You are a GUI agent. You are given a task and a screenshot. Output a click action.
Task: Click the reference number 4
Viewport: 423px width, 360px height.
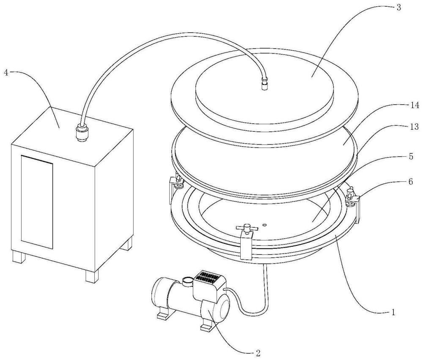6,72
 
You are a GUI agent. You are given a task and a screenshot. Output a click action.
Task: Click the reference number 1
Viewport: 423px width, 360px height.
393,312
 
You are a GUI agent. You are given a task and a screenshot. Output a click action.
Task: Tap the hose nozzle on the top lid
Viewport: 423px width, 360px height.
266,86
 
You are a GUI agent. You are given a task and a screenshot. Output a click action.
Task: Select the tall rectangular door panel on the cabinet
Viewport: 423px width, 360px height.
37,202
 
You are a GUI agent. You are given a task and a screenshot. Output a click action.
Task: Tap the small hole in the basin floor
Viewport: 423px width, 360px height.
264,225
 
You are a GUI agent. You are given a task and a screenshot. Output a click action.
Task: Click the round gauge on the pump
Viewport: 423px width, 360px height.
187,279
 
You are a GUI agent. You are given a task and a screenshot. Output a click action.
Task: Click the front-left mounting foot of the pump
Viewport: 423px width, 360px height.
164,315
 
